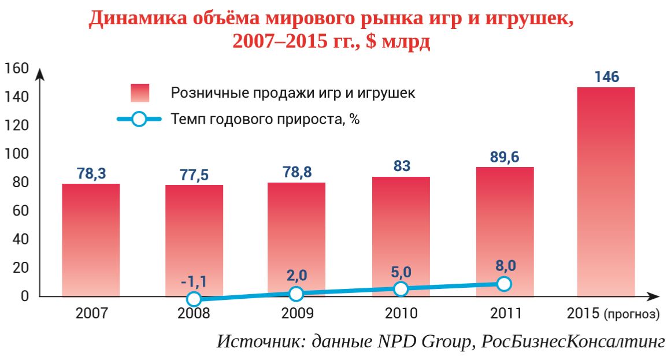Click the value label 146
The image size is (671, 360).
click(x=606, y=77)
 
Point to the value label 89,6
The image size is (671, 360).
click(x=505, y=157)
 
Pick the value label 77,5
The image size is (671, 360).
click(x=194, y=175)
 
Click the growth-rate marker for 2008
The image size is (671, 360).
click(x=194, y=299)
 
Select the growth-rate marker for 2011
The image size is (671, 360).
click(x=504, y=284)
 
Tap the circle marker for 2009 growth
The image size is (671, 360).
click(x=296, y=294)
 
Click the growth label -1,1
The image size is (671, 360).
click(x=194, y=281)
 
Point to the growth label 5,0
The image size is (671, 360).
click(x=401, y=272)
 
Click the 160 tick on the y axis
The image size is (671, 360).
click(x=17, y=69)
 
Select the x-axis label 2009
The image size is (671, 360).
click(x=297, y=314)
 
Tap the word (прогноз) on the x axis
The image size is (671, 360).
click(x=631, y=315)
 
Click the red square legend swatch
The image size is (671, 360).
click(x=140, y=93)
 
